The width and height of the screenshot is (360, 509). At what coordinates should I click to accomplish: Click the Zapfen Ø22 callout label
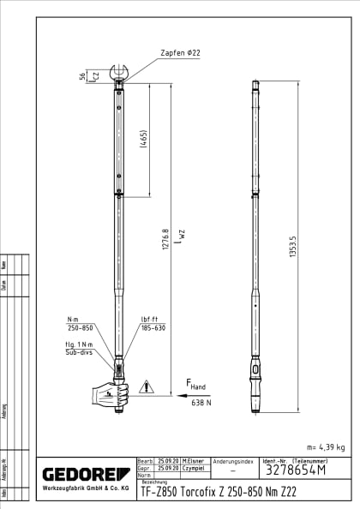tap(179, 53)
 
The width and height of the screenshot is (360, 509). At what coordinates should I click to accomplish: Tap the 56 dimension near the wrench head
tap(83, 75)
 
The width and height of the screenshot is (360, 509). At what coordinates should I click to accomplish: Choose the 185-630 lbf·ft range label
tap(153, 327)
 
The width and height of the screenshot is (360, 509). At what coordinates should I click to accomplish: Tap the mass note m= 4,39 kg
tap(325, 446)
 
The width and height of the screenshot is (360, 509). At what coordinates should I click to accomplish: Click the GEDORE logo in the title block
tap(85, 474)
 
